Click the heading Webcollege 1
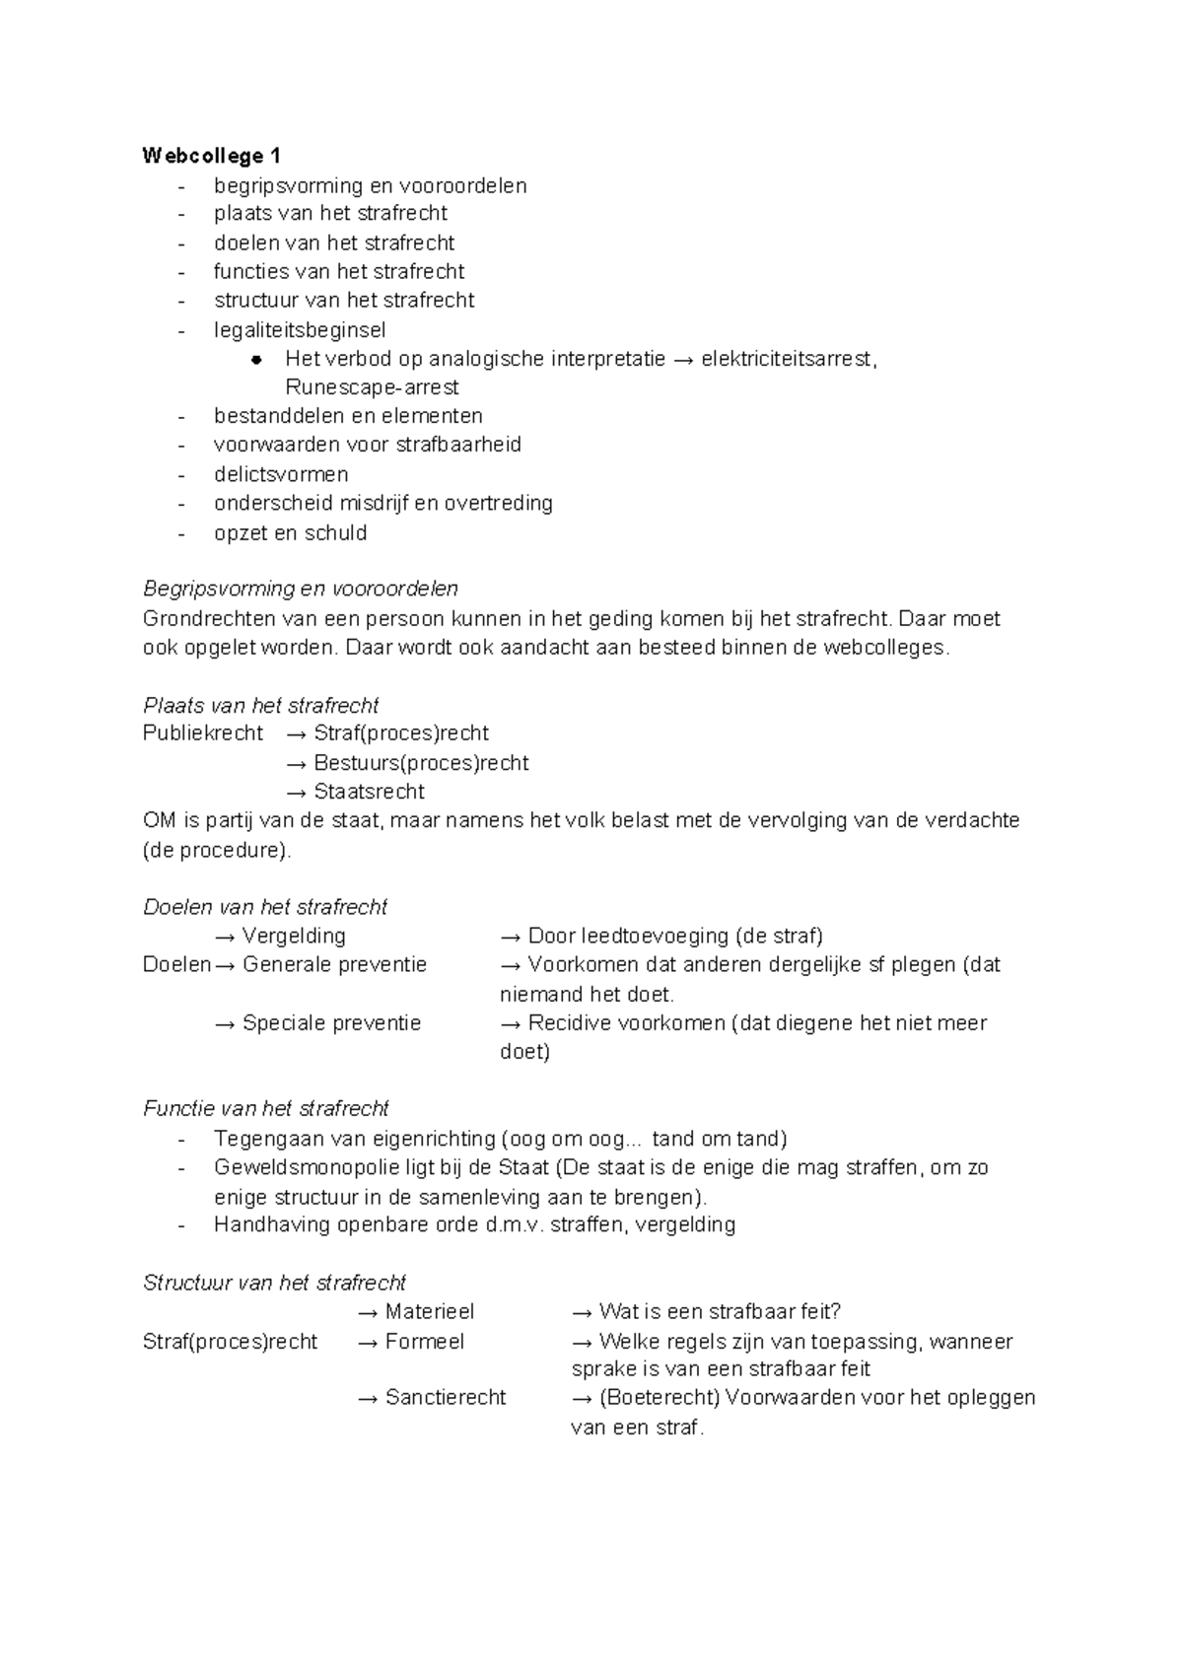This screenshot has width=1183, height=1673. (212, 156)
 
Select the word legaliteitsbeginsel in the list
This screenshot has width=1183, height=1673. (300, 329)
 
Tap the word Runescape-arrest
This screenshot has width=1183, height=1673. (372, 387)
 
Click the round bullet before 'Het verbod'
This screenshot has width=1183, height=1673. (256, 360)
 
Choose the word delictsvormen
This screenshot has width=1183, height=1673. (281, 474)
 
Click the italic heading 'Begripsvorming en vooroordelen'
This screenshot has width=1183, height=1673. (301, 590)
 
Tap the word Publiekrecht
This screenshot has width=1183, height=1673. (203, 733)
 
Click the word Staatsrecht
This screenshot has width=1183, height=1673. (369, 792)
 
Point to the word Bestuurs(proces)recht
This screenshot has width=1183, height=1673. (421, 763)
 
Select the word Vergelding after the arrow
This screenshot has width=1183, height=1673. (294, 936)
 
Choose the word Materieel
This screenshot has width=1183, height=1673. (430, 1312)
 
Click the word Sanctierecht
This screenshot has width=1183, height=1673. (446, 1398)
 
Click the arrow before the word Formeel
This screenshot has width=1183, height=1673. (368, 1343)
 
